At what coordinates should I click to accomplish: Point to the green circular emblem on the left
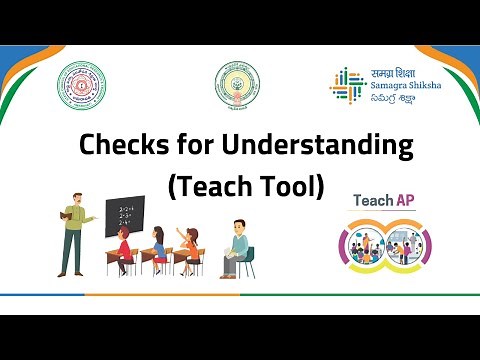80,86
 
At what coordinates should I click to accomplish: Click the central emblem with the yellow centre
240,86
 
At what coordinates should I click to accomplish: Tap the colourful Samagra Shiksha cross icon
345,84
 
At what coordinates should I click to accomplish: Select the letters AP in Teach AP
404,200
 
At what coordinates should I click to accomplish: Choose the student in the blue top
158,247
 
